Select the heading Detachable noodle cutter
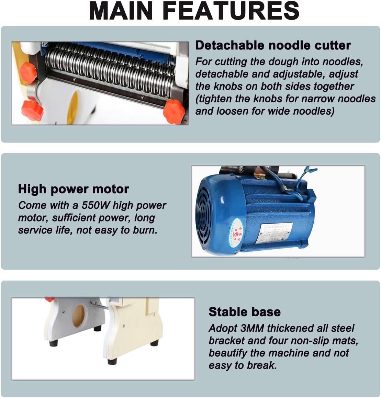273,45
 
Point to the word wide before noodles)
275,111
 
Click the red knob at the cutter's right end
174,112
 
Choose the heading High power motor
74,189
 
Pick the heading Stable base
244,312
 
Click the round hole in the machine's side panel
78,316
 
